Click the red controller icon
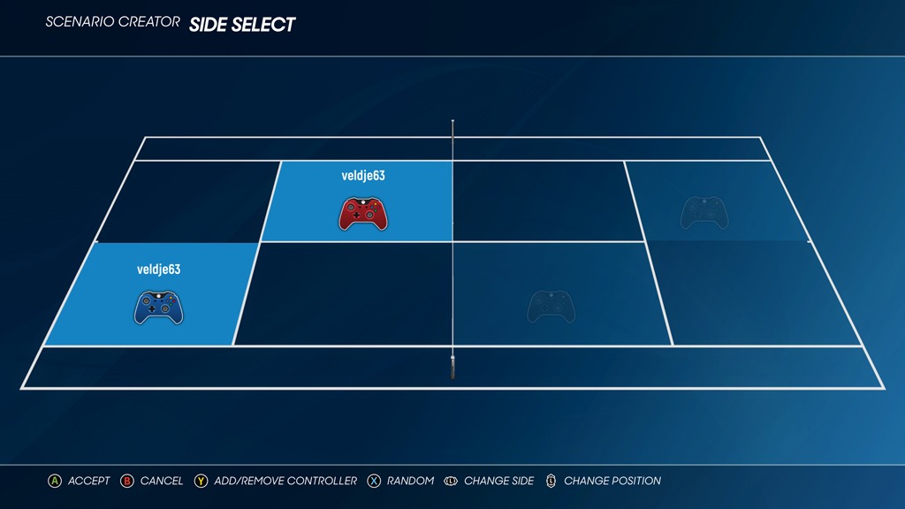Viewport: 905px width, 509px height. pos(363,214)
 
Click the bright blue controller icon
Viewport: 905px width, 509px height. pos(159,308)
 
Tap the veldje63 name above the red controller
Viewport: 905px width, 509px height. pos(363,176)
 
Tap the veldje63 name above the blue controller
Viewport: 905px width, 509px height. pos(159,269)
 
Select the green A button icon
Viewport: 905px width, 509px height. pos(54,481)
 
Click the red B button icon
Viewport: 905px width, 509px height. pos(127,481)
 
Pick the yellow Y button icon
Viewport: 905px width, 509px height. pos(201,481)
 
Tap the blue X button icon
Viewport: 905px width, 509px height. pos(374,481)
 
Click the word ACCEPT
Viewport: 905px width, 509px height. pos(89,481)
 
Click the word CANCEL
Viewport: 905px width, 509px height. pos(162,481)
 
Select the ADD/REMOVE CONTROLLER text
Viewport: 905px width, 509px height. pos(285,481)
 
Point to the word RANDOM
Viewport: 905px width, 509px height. pos(410,481)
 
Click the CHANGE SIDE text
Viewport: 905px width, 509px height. pos(499,481)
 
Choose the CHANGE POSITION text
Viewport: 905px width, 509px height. pos(612,481)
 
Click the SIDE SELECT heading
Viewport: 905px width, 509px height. pos(242,25)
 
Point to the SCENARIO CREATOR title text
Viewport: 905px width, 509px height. pos(112,22)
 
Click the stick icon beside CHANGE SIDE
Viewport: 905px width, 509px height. pos(451,481)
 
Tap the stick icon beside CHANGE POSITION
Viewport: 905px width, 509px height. pos(551,481)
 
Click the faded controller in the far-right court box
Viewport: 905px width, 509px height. pos(704,213)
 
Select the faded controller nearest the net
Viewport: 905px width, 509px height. pos(551,307)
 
